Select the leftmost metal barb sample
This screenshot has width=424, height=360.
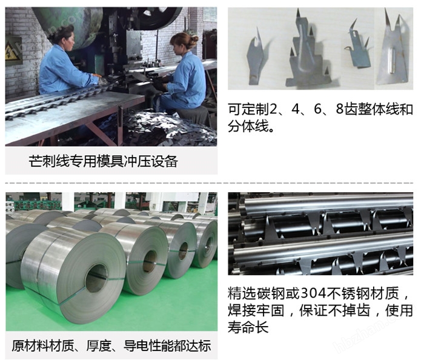point(256,58)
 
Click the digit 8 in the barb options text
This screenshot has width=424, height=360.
point(340,108)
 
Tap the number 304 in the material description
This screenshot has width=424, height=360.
point(313,293)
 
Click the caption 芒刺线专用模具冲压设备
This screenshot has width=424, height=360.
point(104,161)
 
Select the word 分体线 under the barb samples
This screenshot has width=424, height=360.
point(248,126)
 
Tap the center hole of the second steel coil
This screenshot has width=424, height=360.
point(150,261)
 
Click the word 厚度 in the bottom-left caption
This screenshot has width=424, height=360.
point(99,346)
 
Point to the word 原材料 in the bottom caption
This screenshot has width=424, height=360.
point(30,346)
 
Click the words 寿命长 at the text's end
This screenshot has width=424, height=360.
point(248,327)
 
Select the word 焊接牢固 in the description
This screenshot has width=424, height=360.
point(256,310)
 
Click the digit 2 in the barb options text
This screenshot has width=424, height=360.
point(273,109)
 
